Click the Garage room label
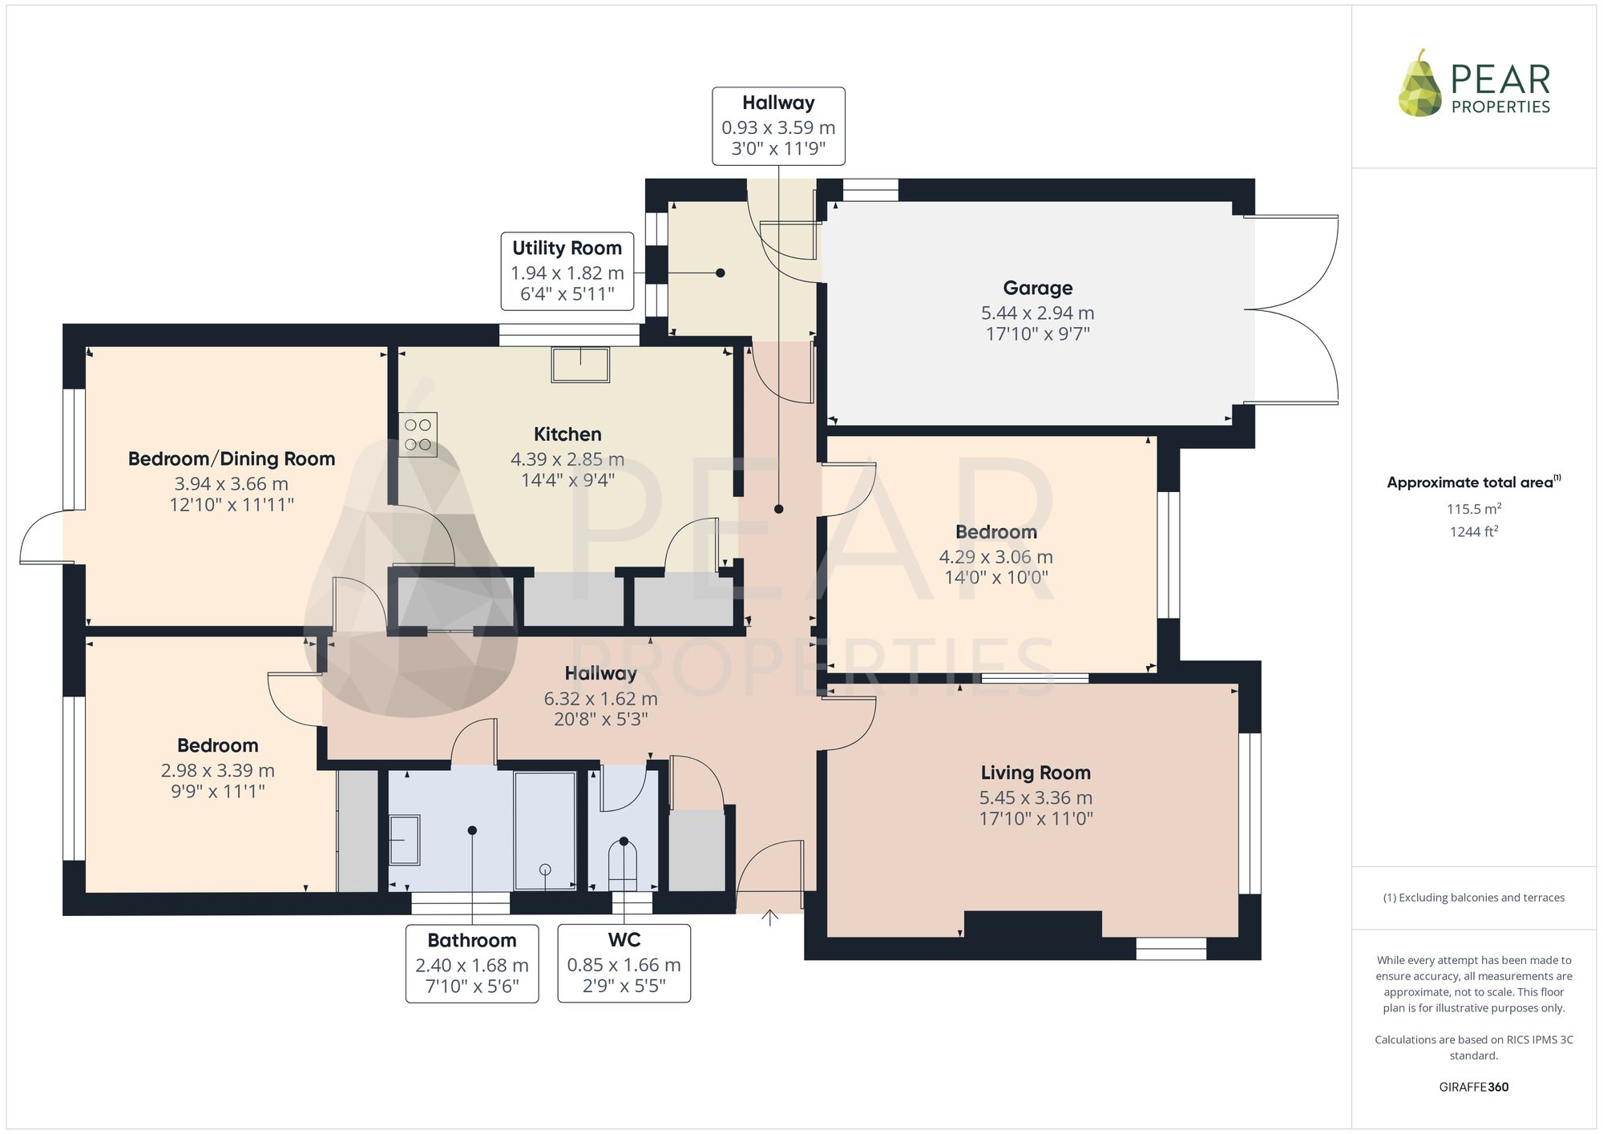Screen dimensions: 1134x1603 coord(1037,289)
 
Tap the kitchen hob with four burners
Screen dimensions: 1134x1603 coord(418,434)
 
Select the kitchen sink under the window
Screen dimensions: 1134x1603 coord(580,364)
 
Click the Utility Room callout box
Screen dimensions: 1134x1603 coord(567,271)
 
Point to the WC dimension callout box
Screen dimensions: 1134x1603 coord(624,962)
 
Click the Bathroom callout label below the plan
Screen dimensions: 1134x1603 coord(471,941)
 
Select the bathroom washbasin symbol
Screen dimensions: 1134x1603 coord(404,840)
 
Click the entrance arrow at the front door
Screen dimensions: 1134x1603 coord(769,918)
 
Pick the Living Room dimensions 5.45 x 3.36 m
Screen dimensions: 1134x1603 coord(1036,798)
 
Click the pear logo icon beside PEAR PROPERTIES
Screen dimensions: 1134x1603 coord(1419,84)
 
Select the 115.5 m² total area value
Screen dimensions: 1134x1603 coord(1473,509)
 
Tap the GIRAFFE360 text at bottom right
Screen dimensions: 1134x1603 coord(1473,1088)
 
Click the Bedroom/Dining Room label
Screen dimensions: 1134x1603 coord(232,459)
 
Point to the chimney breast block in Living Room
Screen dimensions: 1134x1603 coord(1032,924)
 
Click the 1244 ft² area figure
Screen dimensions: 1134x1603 coord(1473,531)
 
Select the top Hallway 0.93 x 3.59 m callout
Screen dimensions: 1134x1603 coord(778,127)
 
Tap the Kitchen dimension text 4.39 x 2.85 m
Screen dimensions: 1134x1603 coord(567,459)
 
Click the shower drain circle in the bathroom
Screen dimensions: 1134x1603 coord(545,870)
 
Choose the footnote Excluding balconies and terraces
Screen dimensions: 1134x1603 coord(1473,898)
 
